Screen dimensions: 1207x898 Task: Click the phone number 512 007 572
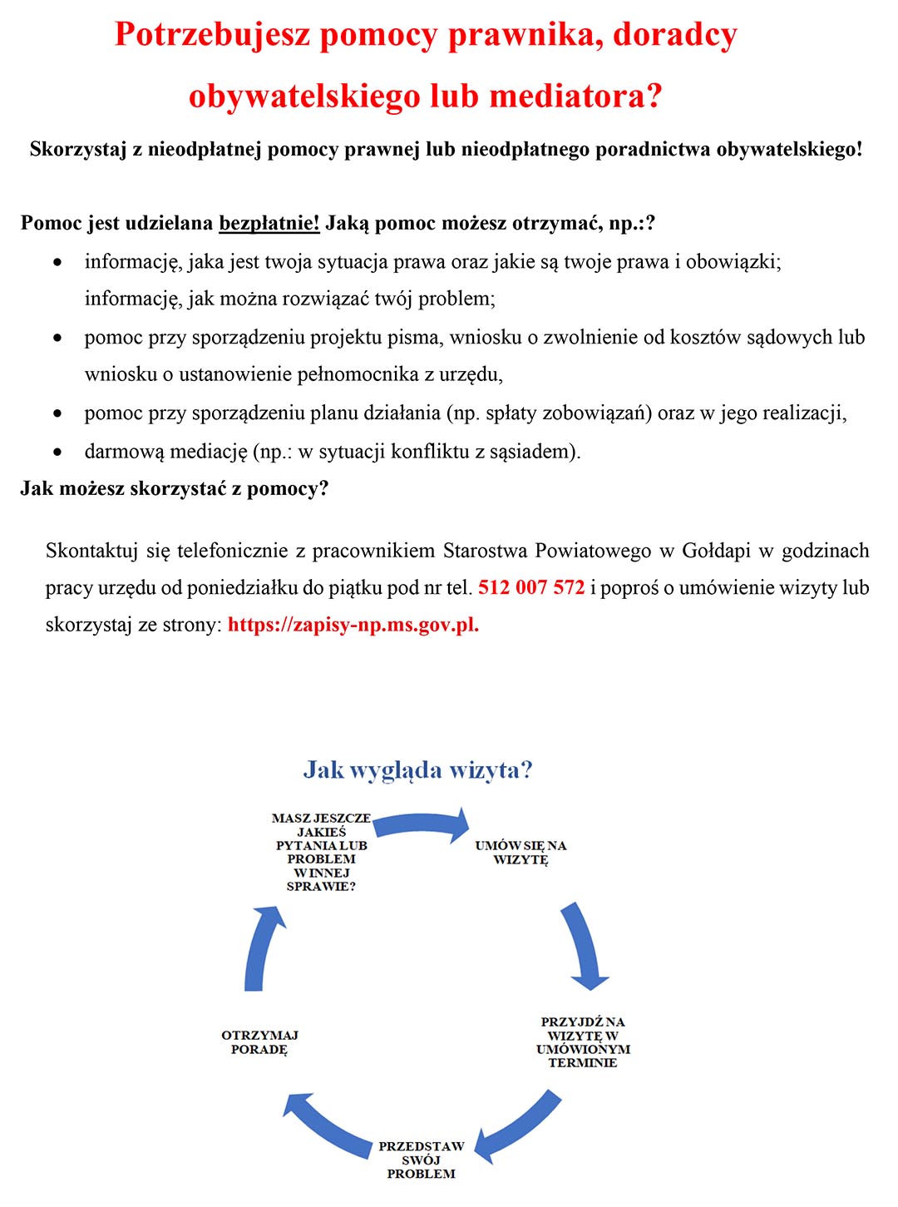coord(531,587)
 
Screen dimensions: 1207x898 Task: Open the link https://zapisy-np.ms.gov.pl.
coord(353,625)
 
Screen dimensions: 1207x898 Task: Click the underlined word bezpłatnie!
coord(269,223)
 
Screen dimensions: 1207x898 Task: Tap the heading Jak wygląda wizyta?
coord(417,769)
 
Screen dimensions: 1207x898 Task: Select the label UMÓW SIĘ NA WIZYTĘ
coord(521,853)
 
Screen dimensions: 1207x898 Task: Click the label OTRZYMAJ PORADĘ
coord(259,1042)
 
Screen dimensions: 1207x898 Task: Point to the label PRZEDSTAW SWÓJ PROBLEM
coord(421,1160)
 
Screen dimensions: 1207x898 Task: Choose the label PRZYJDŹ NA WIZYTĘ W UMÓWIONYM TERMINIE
coord(583,1041)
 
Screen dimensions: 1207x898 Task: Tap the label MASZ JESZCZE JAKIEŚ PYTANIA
coord(322,852)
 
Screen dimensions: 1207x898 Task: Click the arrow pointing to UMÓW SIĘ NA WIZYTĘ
coord(422,823)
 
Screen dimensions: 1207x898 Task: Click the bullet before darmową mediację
coord(57,452)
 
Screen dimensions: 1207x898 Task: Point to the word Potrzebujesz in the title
coord(212,35)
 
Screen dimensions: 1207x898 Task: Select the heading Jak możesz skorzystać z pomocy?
coord(175,488)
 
